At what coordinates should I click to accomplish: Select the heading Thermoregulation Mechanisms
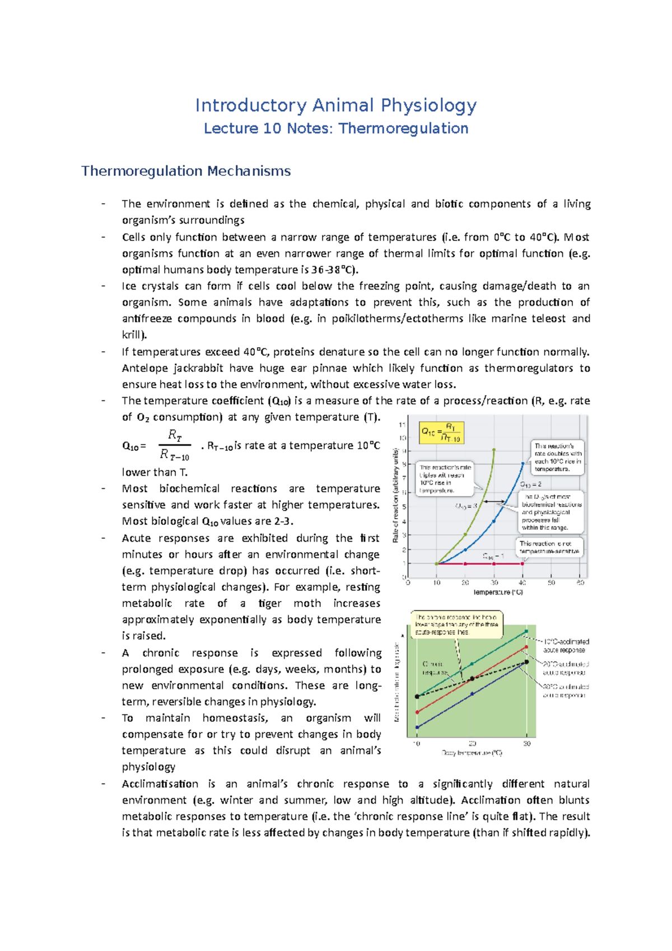(186, 171)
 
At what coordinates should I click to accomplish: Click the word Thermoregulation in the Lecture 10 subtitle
(403, 128)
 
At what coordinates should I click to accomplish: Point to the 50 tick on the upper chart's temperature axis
(552, 582)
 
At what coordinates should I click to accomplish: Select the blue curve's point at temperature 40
(523, 463)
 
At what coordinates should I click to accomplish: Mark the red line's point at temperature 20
(465, 563)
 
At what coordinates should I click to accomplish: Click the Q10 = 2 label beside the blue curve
(530, 484)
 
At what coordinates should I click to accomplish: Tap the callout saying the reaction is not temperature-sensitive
(549, 547)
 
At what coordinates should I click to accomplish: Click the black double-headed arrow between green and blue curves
(494, 501)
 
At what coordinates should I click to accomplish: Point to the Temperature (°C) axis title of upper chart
(498, 592)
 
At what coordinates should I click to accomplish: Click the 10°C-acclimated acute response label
(566, 645)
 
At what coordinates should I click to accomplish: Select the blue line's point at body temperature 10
(417, 727)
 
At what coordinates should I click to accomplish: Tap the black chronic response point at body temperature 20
(472, 678)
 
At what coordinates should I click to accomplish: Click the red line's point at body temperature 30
(526, 647)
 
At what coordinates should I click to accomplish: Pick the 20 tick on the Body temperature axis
(472, 744)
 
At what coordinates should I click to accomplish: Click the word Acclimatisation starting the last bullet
(160, 784)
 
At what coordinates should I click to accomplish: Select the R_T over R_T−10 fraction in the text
(175, 445)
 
